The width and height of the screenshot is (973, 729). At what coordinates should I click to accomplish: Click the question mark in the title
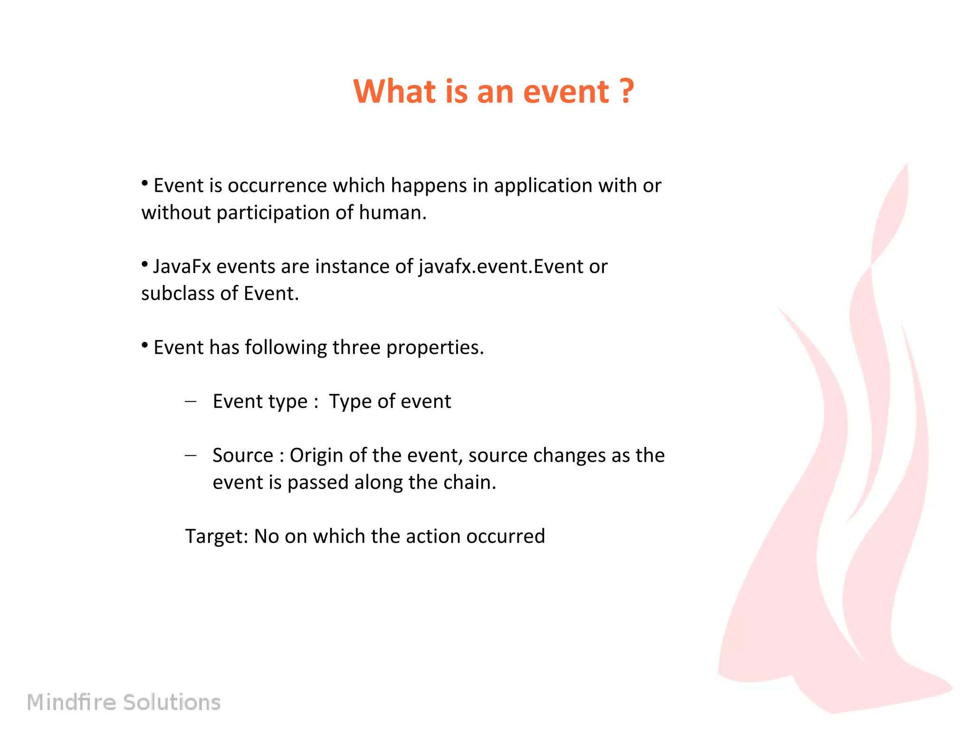click(627, 91)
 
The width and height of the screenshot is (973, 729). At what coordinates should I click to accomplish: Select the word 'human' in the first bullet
click(390, 213)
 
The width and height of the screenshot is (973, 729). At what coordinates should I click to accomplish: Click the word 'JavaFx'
click(182, 266)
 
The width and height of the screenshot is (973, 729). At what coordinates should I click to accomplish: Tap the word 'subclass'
click(180, 293)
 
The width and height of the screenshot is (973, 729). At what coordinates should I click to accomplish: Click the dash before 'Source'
click(191, 455)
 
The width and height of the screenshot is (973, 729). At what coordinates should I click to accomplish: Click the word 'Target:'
click(217, 536)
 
